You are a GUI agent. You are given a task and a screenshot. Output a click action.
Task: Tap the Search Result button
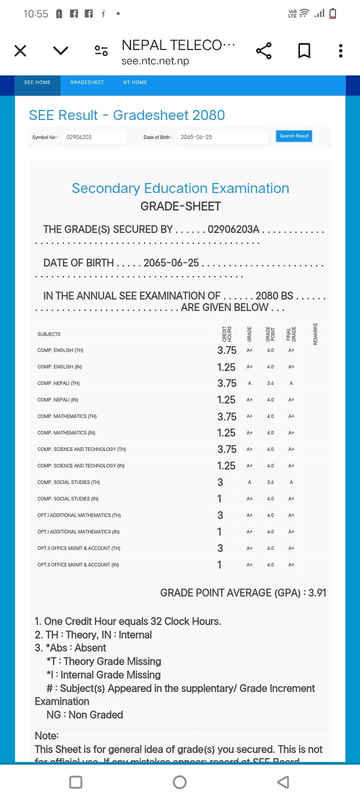(x=294, y=136)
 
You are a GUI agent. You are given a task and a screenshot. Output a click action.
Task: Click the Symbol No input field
(x=94, y=137)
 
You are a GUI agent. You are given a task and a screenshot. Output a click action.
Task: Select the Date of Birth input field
(x=222, y=137)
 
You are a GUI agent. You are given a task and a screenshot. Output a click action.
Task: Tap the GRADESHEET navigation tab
(x=87, y=82)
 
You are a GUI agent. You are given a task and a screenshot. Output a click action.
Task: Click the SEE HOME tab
(x=37, y=82)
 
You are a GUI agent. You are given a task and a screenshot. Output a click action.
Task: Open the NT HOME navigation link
(x=135, y=82)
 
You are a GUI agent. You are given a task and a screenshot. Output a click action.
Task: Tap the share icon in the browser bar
(x=263, y=50)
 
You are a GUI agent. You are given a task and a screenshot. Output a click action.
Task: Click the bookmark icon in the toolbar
(x=304, y=50)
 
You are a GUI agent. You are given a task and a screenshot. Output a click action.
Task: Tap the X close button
(x=20, y=50)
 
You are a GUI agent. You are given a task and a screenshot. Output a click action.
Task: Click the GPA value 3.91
(x=317, y=593)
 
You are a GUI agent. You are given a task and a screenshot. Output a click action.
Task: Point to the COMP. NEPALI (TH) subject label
(x=58, y=383)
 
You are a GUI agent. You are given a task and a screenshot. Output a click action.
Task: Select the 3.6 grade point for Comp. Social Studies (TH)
(x=270, y=482)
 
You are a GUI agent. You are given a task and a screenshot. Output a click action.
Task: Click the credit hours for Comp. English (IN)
(x=226, y=367)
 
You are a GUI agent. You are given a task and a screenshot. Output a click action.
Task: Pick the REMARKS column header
(x=315, y=333)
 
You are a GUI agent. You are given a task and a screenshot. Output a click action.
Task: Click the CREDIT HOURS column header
(x=226, y=333)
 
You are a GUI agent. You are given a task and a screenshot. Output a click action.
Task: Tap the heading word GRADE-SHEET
(x=180, y=206)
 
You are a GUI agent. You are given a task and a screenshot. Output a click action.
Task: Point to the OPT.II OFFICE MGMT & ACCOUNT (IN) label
(x=78, y=565)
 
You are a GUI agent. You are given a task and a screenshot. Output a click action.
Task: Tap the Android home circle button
(x=179, y=782)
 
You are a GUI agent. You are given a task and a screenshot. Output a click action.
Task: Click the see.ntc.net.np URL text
(x=155, y=61)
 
